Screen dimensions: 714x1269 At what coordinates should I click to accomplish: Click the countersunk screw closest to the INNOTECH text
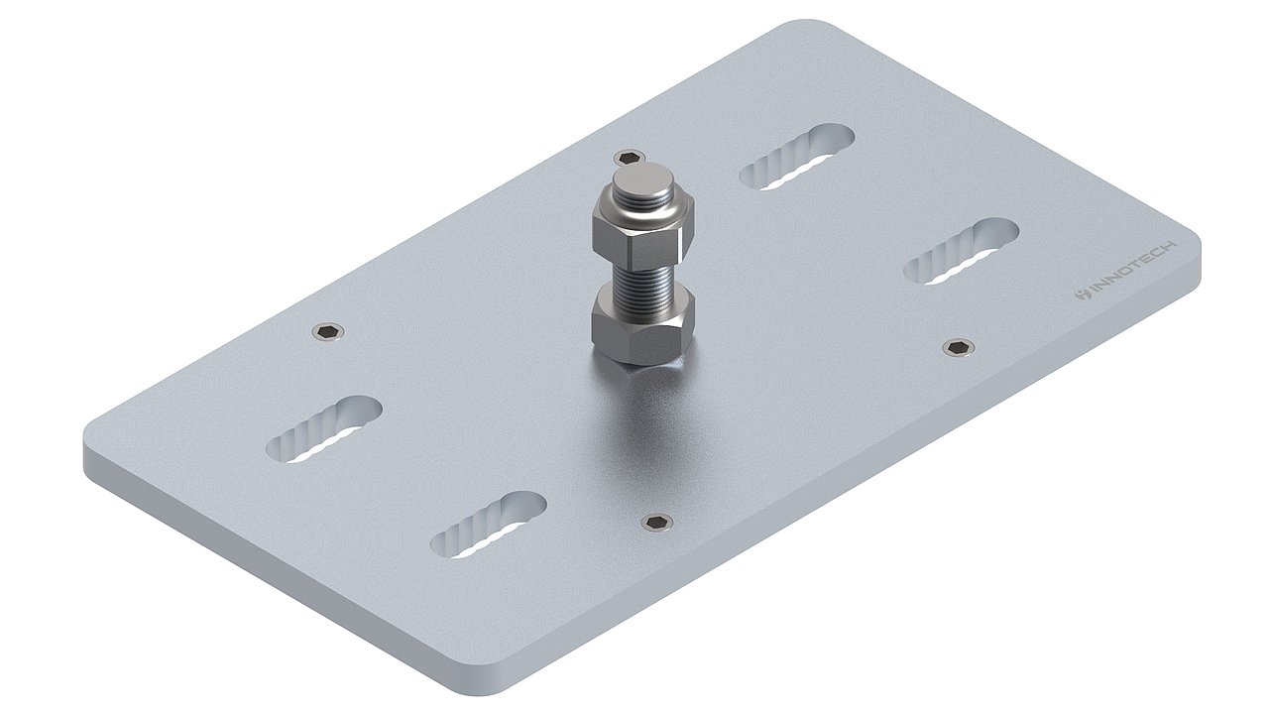pyautogui.click(x=957, y=346)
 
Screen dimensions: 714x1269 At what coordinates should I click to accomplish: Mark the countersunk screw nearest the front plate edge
pyautogui.click(x=655, y=523)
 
